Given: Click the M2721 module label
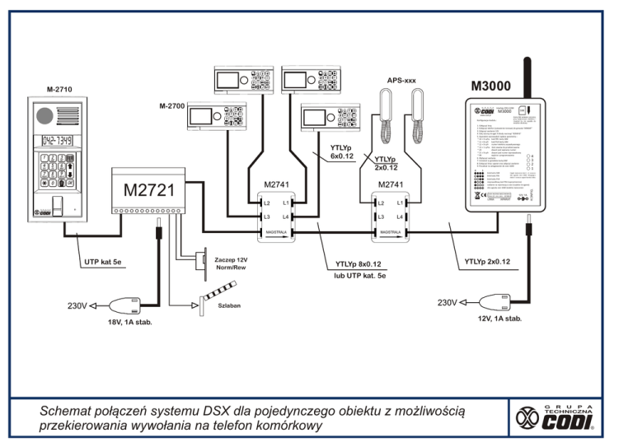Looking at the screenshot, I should (x=148, y=190).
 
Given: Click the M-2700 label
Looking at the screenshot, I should (x=176, y=106).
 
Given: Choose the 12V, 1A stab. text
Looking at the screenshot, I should (x=499, y=318).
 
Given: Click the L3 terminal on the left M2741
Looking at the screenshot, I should (x=265, y=217).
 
